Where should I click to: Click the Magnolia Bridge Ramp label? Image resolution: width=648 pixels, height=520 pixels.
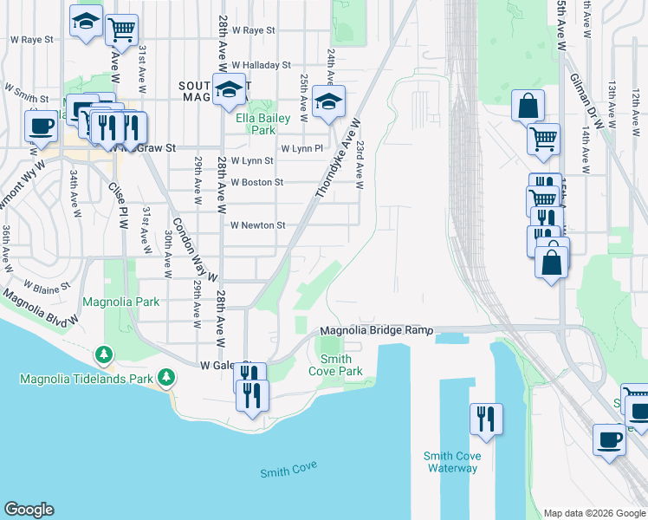(x=376, y=331)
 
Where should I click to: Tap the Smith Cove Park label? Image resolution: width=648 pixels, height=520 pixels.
(x=335, y=365)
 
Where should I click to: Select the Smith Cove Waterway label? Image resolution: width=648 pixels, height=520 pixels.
(x=451, y=462)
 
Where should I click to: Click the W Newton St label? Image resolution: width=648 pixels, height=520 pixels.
(x=257, y=225)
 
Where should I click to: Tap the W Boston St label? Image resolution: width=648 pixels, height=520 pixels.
(x=257, y=183)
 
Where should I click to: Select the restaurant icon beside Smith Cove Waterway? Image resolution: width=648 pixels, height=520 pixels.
(x=485, y=419)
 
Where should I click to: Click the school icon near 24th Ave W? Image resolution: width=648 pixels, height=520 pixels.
(x=328, y=102)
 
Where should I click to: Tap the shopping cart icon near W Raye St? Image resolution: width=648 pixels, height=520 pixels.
(x=121, y=30)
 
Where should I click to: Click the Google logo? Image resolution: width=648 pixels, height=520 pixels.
(x=29, y=510)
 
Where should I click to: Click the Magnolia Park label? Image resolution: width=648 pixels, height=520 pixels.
(x=121, y=302)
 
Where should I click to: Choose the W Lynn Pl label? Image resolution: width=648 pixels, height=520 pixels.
(x=301, y=148)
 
